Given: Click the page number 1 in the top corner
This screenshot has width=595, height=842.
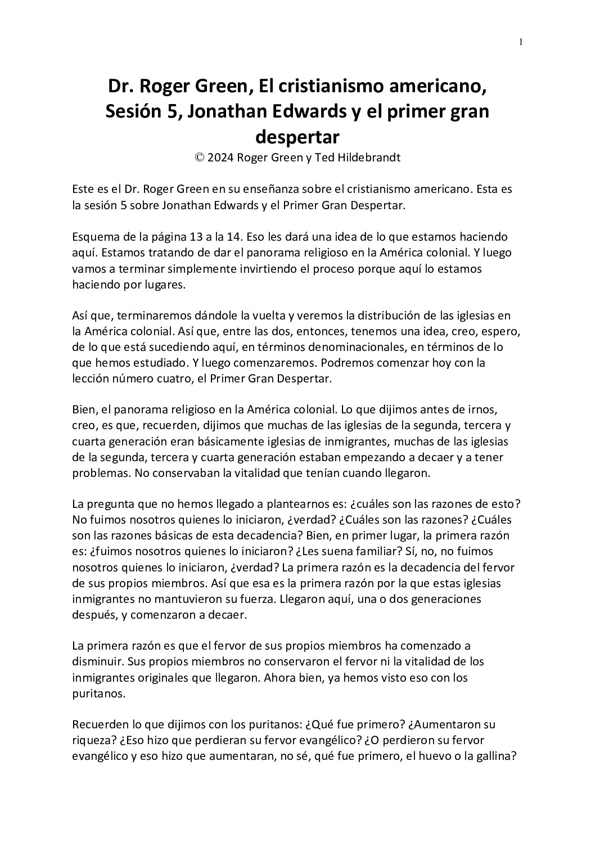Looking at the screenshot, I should pyautogui.click(x=521, y=42).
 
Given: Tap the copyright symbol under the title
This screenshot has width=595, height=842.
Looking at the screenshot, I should pyautogui.click(x=199, y=158).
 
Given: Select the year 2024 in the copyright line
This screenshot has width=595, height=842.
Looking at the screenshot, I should pyautogui.click(x=221, y=158).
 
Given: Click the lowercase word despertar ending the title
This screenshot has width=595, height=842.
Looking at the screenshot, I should pyautogui.click(x=297, y=136).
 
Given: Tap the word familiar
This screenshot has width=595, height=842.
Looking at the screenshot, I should pyautogui.click(x=333, y=551).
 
